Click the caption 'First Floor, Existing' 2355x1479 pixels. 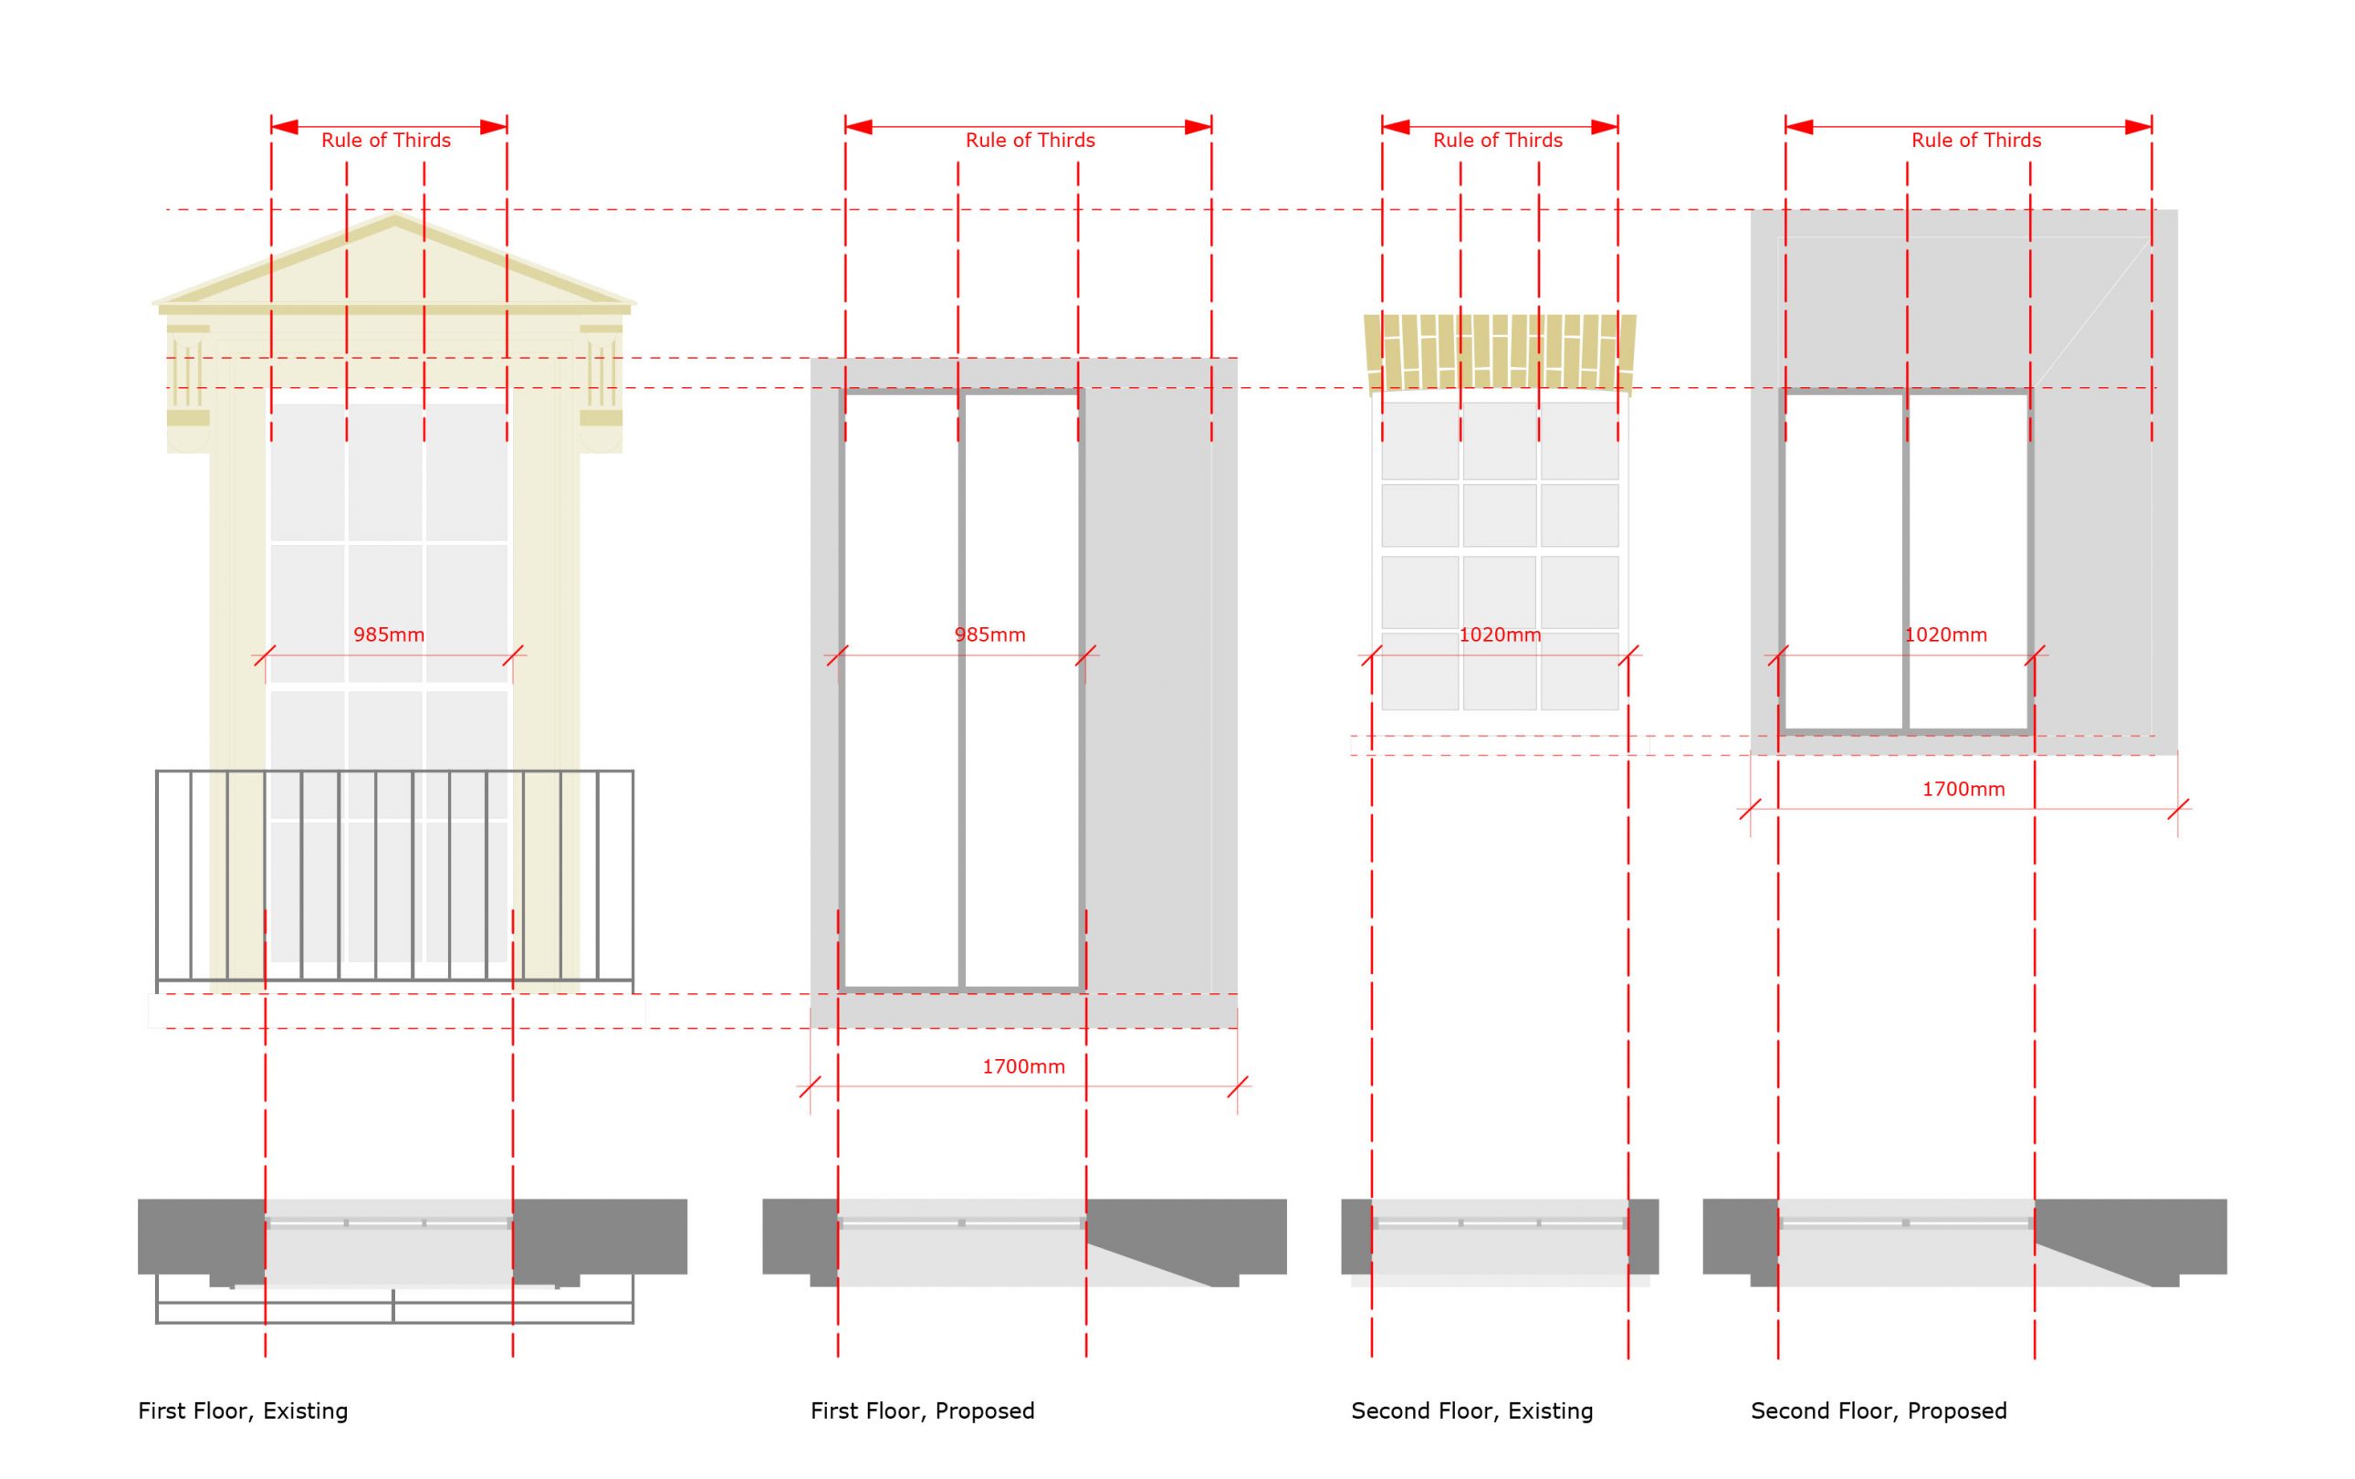point(243,1411)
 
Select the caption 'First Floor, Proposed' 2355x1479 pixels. point(922,1411)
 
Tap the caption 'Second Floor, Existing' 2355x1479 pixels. point(1471,1411)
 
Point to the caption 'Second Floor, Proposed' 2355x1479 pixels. point(1879,1411)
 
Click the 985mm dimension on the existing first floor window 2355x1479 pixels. point(388,635)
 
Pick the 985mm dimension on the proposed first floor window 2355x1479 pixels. point(989,635)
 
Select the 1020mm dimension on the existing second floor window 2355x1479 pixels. point(1499,635)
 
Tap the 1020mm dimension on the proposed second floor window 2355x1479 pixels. point(1945,635)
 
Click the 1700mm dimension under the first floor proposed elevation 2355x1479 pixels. point(1023,1066)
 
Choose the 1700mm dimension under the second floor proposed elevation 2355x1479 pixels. point(1962,790)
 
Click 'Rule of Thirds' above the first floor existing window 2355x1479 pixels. point(386,140)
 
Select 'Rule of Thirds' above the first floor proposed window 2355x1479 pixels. point(1030,140)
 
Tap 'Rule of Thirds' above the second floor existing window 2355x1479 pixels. point(1497,140)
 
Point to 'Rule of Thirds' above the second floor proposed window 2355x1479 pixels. point(1975,140)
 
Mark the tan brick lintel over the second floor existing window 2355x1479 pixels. point(1499,351)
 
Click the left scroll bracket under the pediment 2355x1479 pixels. point(188,386)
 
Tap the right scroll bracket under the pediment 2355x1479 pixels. point(601,386)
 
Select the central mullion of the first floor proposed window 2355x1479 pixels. point(961,689)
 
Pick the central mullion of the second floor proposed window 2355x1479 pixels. point(1906,562)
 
